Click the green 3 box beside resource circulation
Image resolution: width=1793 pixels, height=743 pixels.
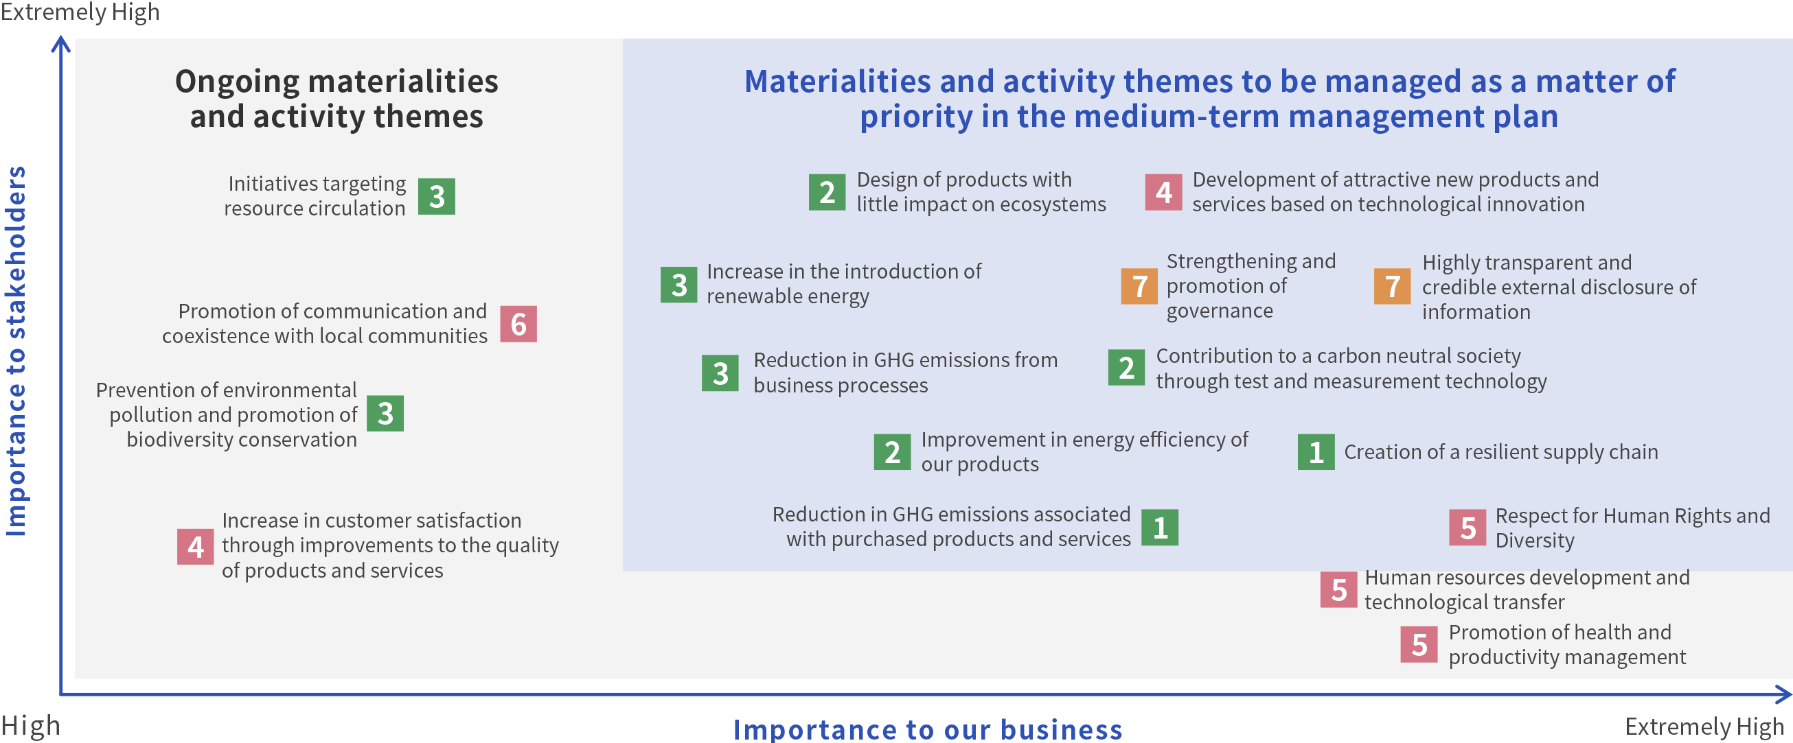click(x=437, y=196)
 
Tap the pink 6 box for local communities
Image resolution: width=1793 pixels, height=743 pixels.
click(x=518, y=324)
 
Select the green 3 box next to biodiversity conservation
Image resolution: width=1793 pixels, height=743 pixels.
click(x=386, y=413)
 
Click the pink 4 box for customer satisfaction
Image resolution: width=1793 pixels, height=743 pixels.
click(x=196, y=546)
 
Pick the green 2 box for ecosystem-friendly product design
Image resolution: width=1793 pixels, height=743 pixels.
click(x=827, y=192)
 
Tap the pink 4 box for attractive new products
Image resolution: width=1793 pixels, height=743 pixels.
click(x=1164, y=192)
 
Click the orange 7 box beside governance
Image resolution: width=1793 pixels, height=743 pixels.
click(x=1139, y=286)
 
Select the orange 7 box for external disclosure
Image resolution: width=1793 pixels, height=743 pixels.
click(x=1393, y=286)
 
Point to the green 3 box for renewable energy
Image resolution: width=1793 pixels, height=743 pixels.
click(x=678, y=285)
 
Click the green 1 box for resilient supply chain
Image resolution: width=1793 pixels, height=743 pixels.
click(x=1316, y=451)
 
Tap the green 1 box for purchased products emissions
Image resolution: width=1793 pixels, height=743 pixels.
click(x=1161, y=528)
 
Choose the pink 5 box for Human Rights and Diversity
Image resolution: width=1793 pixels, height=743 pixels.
click(x=1468, y=528)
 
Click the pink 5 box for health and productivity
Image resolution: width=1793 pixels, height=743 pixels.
click(x=1419, y=644)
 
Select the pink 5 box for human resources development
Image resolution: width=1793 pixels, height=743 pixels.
click(x=1339, y=589)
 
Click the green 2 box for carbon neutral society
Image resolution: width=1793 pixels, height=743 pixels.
click(x=1127, y=367)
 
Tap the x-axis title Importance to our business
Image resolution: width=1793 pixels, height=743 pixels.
click(x=928, y=729)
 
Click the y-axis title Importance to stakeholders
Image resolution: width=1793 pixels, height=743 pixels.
click(x=15, y=351)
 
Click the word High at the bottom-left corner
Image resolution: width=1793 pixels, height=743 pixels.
click(x=31, y=726)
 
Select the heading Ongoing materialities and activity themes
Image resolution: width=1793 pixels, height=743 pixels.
click(x=337, y=99)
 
